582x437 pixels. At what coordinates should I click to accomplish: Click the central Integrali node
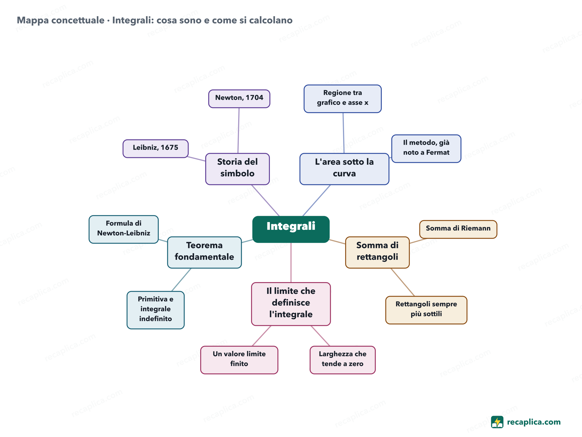[291, 229]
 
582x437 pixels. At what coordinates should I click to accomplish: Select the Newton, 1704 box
[239, 99]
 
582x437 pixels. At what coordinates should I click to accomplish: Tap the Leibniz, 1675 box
[156, 149]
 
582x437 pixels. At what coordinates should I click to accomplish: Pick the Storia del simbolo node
[237, 169]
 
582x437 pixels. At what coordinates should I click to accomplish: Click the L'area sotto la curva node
[344, 169]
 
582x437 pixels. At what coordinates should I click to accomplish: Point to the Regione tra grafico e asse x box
[343, 99]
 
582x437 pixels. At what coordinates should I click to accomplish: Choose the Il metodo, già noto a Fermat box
[426, 149]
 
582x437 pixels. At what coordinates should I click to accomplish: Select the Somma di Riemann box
[458, 229]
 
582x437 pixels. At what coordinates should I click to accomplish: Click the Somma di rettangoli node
[377, 252]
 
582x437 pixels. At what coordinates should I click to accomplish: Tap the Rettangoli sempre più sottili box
[426, 310]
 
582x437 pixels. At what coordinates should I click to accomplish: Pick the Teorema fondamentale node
[204, 252]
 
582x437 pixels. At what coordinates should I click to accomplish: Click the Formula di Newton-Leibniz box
[124, 229]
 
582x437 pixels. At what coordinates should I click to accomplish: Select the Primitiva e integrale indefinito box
[156, 310]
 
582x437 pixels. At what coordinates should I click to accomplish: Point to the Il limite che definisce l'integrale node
[291, 304]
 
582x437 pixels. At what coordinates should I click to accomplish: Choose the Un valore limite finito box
[239, 360]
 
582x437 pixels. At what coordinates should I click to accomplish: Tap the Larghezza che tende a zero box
[343, 360]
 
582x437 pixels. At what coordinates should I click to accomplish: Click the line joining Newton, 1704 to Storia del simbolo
[238, 131]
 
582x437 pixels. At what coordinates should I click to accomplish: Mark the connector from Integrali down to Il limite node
[291, 262]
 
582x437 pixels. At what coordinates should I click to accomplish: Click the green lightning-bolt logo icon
[497, 422]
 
